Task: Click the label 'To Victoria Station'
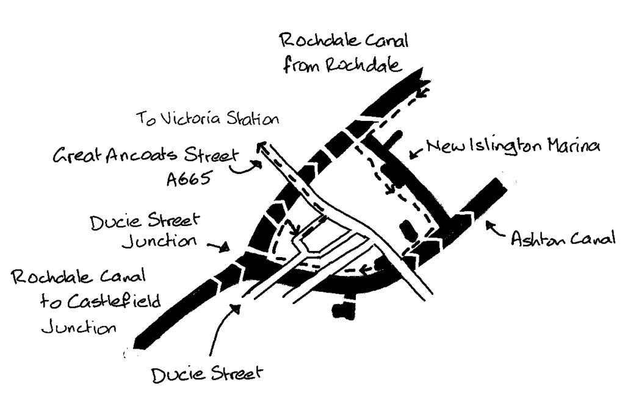208,118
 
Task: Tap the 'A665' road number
188,178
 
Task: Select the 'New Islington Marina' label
513,147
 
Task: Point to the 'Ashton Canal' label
563,238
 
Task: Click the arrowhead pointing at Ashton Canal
490,226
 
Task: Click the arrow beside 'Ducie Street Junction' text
218,247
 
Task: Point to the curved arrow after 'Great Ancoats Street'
245,168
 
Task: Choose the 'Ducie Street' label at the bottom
207,374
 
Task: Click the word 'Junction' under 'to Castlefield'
79,328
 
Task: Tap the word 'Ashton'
536,238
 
